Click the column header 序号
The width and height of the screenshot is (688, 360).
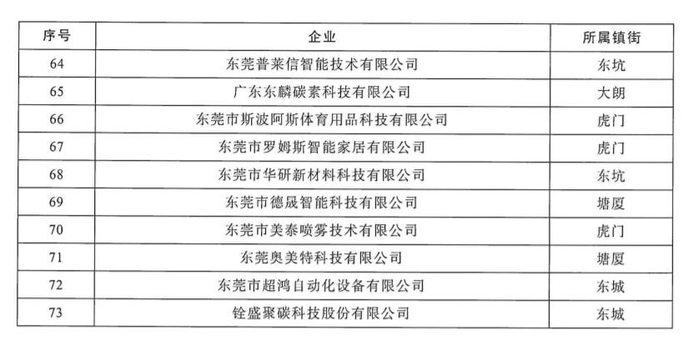[x=57, y=36]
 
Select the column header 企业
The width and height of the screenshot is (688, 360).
[x=322, y=37]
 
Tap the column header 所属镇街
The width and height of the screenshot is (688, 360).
[x=611, y=37]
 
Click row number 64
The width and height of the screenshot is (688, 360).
[x=57, y=63]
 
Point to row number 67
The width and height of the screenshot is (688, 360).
[x=57, y=147]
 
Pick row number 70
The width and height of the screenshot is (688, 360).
[x=56, y=229]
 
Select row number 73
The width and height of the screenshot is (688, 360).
[x=56, y=312]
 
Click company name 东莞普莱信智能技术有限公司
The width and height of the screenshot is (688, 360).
[x=322, y=64]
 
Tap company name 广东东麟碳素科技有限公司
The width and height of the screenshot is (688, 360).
[x=322, y=92]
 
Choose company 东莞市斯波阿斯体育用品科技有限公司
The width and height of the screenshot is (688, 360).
[x=322, y=120]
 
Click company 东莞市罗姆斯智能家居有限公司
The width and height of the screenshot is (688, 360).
[x=322, y=147]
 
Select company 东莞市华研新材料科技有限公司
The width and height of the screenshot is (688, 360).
[x=322, y=175]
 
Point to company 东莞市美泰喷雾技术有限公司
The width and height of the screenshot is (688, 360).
[x=321, y=230]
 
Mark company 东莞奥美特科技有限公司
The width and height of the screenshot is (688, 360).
[x=321, y=257]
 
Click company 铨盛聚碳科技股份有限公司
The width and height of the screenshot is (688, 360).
[x=321, y=313]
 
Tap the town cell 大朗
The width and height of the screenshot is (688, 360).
[x=610, y=93]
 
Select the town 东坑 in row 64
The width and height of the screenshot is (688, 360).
[x=610, y=65]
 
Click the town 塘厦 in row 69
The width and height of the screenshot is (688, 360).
[x=610, y=203]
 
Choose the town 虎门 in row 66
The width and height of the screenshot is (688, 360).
[x=610, y=121]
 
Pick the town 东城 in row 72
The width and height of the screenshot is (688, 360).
[x=610, y=287]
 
